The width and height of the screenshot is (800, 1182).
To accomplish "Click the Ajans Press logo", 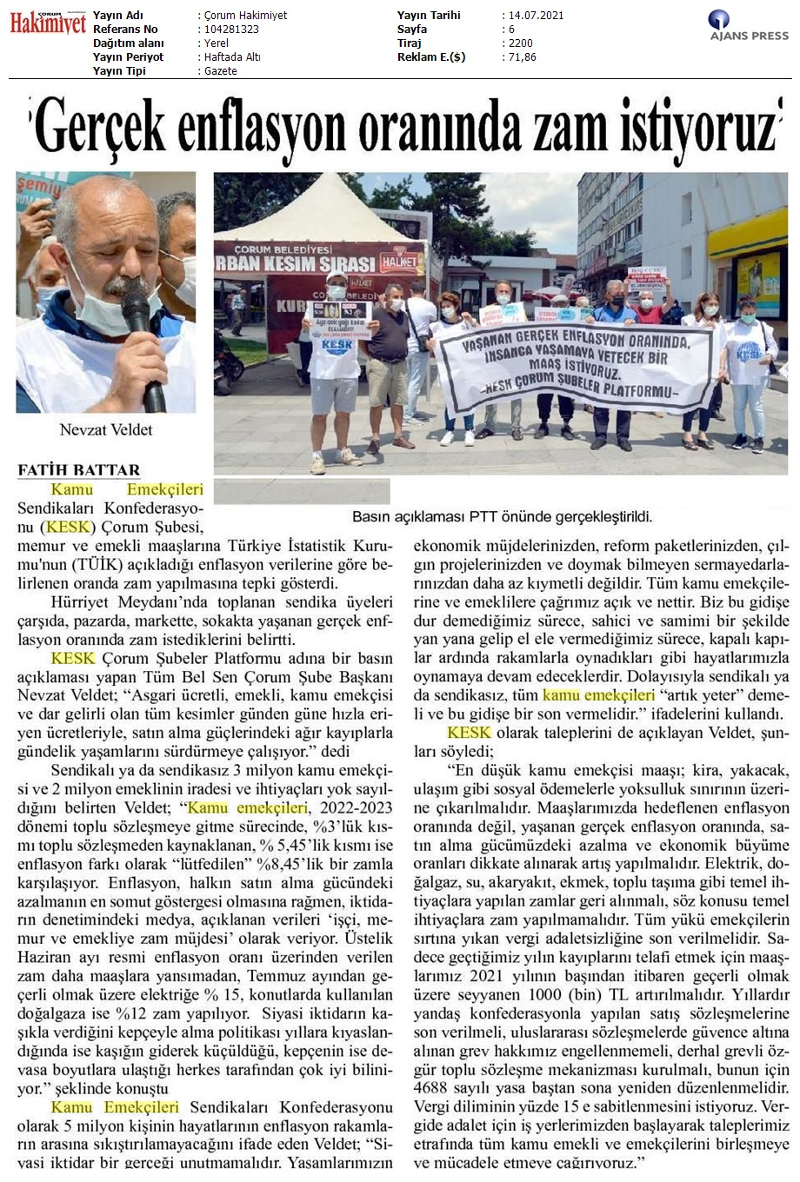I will click(x=749, y=26).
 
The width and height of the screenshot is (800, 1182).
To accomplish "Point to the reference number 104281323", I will click(x=230, y=30).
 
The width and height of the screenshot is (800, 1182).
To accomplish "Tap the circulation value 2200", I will click(x=522, y=43).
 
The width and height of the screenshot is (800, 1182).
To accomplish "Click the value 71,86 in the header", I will click(x=523, y=57).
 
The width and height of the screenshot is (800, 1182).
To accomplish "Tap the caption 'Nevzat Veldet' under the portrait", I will click(x=105, y=429).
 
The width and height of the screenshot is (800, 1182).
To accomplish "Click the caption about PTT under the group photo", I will click(x=502, y=517).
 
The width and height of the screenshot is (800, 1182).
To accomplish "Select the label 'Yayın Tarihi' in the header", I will click(x=429, y=16).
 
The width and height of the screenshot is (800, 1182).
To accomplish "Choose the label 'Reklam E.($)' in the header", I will click(x=430, y=57).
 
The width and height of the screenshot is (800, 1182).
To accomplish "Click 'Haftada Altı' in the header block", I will click(x=231, y=57).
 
